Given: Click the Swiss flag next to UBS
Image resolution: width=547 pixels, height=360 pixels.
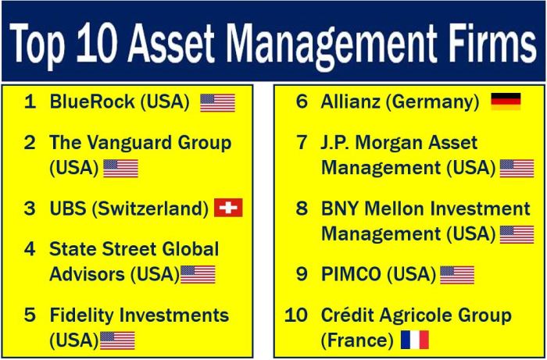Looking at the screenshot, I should (228, 208).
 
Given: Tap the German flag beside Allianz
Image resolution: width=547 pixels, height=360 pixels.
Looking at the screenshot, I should (506, 102).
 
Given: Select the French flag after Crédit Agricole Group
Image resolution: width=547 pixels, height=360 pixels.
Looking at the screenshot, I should (415, 340).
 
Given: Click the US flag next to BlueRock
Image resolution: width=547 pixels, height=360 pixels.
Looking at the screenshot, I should (217, 102).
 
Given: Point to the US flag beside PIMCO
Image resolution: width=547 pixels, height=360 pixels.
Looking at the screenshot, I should (457, 275).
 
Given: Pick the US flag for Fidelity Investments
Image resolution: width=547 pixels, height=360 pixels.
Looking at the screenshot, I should (117, 340).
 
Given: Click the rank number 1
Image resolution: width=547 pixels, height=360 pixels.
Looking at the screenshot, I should (30, 102).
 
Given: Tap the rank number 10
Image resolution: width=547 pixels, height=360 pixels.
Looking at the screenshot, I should (296, 315).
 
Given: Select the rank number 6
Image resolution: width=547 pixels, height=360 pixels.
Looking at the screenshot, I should (302, 102).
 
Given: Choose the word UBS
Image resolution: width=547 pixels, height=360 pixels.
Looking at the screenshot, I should (66, 209).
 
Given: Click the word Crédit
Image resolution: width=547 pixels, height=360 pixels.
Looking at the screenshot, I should (349, 315).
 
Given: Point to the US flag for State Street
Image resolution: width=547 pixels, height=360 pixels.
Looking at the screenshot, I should (198, 274).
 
